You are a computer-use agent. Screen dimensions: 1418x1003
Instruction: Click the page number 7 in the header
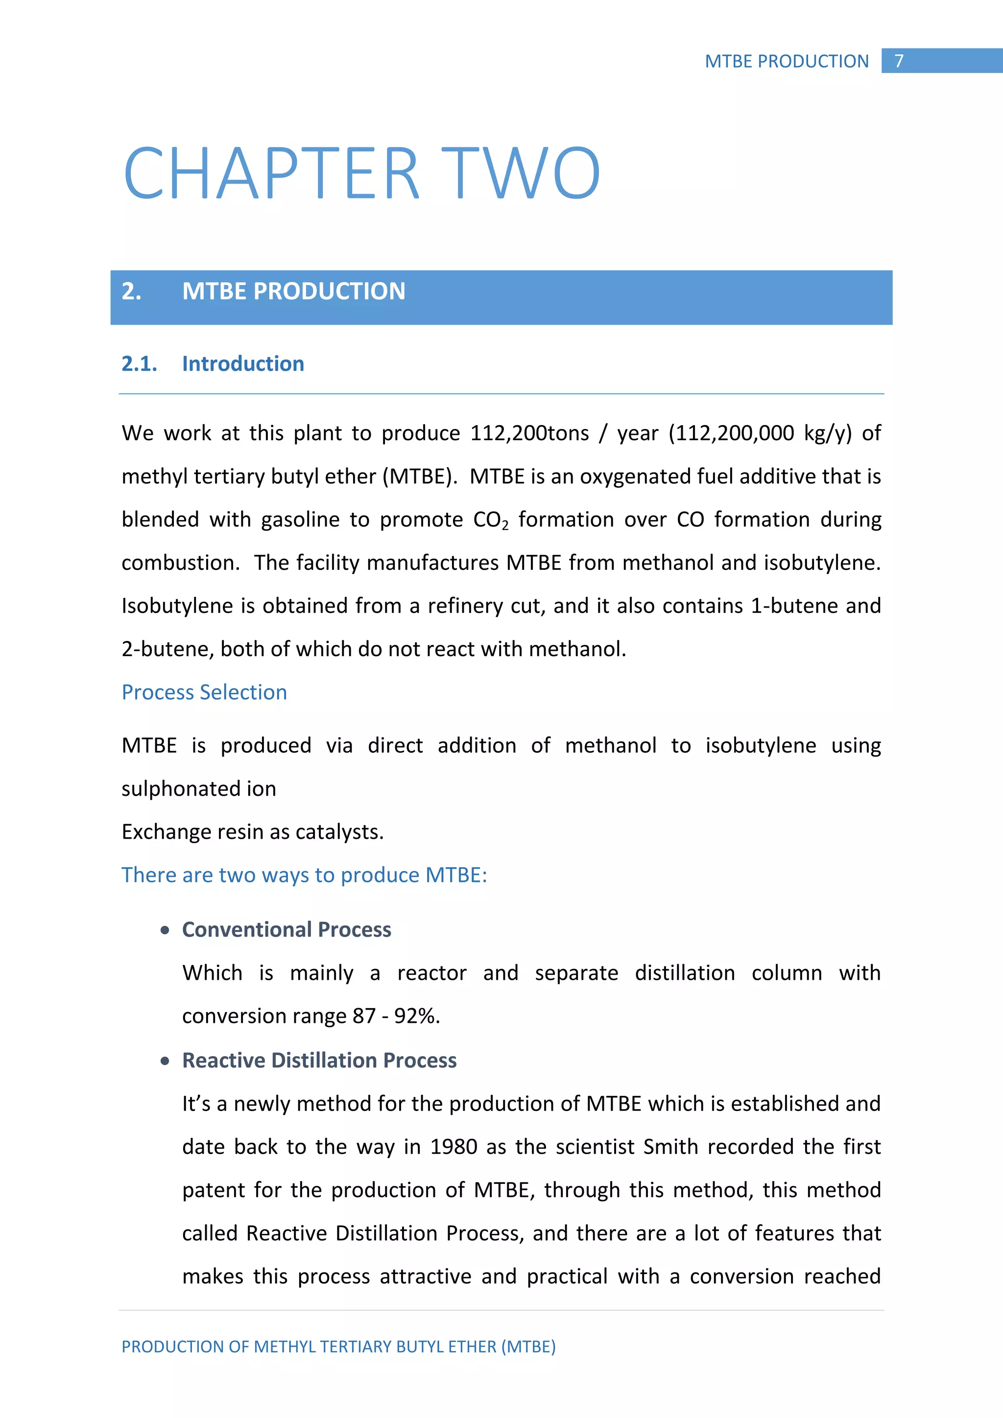(x=899, y=61)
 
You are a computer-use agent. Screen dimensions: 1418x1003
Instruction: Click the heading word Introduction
(x=243, y=364)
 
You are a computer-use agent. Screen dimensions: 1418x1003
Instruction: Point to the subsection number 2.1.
(x=139, y=364)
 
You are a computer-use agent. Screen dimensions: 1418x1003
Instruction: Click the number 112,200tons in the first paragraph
(x=529, y=433)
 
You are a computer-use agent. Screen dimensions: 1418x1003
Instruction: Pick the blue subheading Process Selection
(x=204, y=692)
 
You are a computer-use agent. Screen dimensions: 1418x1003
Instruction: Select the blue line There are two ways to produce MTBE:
(x=304, y=875)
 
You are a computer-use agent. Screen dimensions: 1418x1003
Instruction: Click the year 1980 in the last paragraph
(x=454, y=1147)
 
